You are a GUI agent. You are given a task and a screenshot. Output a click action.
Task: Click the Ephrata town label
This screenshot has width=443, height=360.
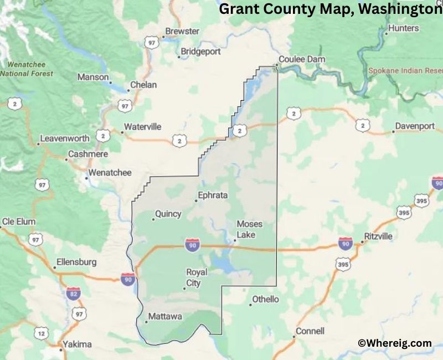[x=213, y=195]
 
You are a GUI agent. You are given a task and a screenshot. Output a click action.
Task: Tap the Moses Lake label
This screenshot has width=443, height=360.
[x=249, y=229]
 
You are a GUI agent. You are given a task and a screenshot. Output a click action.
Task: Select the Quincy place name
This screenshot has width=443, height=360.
[x=168, y=214]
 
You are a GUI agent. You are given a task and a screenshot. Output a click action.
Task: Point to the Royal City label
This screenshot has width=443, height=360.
[x=197, y=277]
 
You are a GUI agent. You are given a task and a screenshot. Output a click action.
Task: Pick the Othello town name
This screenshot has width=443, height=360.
[x=265, y=299]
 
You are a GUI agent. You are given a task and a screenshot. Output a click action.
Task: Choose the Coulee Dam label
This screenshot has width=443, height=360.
[x=302, y=59]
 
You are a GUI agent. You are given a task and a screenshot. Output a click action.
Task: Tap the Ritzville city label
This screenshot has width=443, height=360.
[x=378, y=236]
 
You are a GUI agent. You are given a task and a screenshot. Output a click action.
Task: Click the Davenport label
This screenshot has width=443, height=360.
[x=415, y=126]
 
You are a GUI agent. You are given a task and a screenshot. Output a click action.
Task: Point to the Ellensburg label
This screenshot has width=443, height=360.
[x=76, y=262]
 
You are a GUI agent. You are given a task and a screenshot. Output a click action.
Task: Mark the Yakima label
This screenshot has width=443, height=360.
[x=77, y=344]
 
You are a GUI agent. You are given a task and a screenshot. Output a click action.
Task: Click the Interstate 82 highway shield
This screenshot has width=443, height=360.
[x=73, y=294]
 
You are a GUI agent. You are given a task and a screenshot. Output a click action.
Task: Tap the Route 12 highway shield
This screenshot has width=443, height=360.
[x=40, y=333]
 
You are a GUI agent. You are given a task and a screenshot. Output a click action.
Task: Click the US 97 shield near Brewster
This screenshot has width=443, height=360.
[x=151, y=42]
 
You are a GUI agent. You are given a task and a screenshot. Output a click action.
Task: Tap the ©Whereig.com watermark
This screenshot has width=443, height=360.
[x=394, y=343]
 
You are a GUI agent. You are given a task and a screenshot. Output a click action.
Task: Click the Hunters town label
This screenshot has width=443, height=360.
[x=403, y=28]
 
